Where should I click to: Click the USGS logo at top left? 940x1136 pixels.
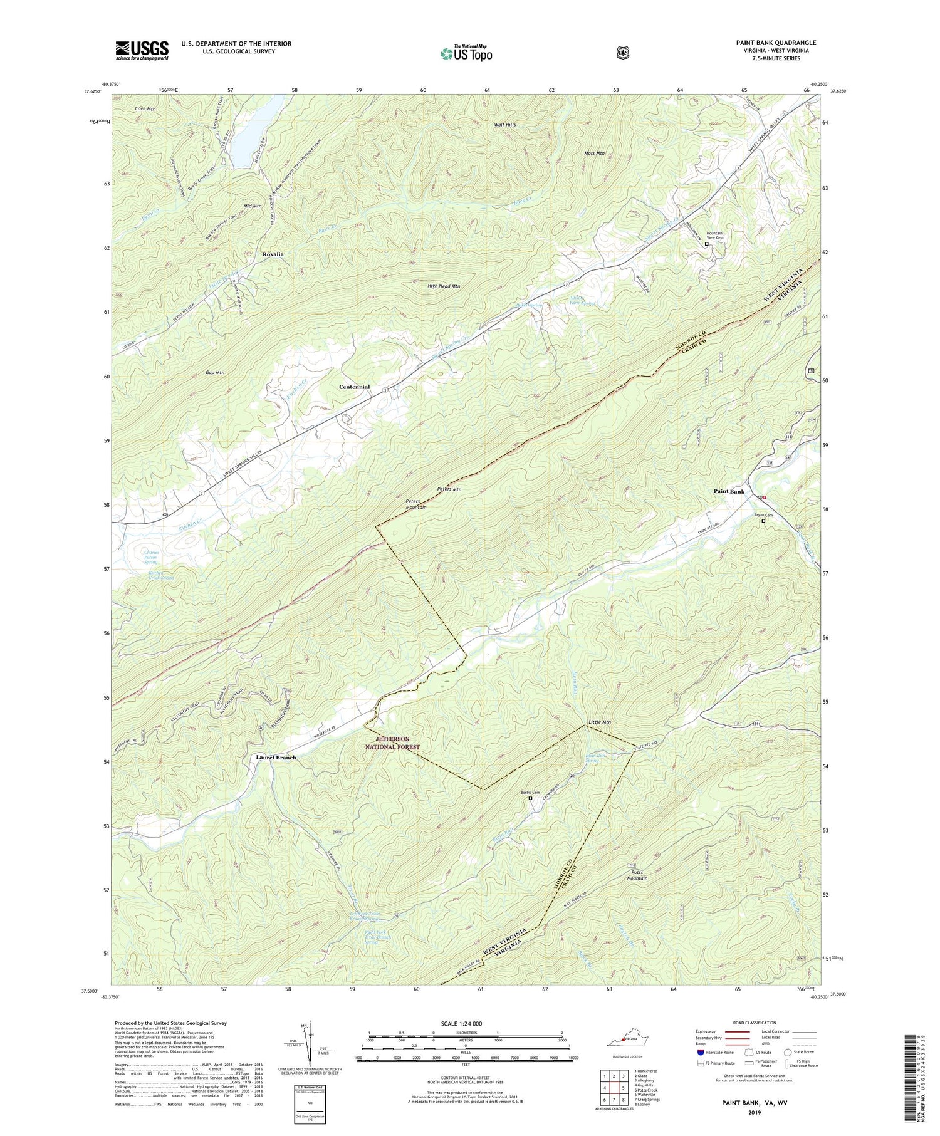point(142,50)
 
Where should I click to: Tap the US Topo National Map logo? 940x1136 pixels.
point(466,53)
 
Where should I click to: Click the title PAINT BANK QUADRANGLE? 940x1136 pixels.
point(776,43)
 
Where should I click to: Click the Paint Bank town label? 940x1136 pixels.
point(729,492)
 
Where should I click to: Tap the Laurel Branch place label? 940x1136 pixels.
point(276,757)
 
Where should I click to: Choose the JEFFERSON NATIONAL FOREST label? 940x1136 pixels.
point(393,743)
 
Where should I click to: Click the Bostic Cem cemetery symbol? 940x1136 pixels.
point(530,799)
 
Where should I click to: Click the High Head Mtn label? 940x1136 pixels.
point(444,286)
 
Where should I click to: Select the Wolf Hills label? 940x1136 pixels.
point(504,125)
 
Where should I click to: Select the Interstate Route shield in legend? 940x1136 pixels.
point(700,1053)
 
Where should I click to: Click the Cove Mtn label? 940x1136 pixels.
point(145,108)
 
